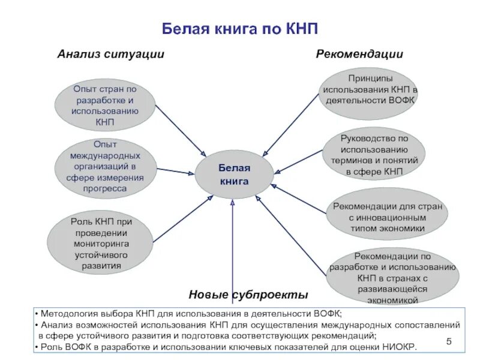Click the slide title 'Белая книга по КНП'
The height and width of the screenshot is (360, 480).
240,30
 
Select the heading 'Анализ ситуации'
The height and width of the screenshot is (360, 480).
110,55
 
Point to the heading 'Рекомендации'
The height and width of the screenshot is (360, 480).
359,55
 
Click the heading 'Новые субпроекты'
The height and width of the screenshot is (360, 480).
248,295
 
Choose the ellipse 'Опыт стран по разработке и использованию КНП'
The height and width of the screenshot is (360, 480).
105,106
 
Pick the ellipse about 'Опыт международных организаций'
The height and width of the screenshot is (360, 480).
105,166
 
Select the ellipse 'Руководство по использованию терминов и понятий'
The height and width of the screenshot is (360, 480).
374,155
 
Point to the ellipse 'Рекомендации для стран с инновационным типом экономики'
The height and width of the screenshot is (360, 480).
388,217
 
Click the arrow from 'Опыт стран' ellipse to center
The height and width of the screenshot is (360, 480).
180,130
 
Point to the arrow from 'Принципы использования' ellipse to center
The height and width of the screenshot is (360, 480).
291,125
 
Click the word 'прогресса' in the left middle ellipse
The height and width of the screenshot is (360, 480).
105,188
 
